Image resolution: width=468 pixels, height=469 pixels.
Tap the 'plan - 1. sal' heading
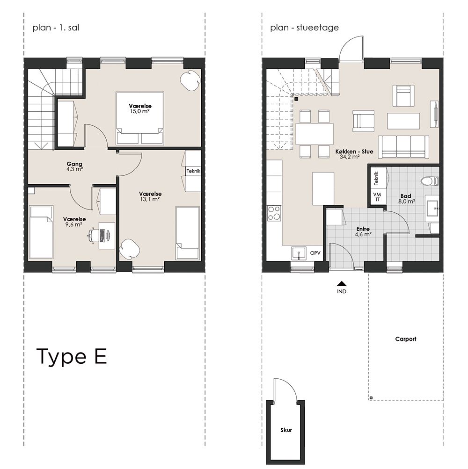(56, 28)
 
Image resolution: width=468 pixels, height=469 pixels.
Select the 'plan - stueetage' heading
(305, 28)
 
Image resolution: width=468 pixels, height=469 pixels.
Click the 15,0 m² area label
(140, 111)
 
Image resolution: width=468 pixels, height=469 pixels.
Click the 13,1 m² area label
(150, 199)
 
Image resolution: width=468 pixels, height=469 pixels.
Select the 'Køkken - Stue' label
(354, 152)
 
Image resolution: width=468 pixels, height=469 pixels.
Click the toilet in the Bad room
(430, 181)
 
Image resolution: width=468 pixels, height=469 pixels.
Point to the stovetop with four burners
(274, 213)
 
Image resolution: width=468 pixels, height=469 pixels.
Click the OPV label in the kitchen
(315, 253)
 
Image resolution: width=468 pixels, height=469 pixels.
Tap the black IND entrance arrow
(342, 284)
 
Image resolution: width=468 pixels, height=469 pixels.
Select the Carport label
(406, 339)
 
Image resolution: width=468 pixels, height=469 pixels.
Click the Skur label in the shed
(286, 430)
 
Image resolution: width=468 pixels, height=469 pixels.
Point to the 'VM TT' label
(377, 197)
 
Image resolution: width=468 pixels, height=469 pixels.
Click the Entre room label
(363, 229)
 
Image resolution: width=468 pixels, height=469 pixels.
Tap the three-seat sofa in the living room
(403, 146)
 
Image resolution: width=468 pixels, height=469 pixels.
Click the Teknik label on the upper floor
(193, 171)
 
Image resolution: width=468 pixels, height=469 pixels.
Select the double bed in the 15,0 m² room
(140, 119)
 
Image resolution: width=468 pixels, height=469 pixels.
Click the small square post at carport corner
(371, 398)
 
